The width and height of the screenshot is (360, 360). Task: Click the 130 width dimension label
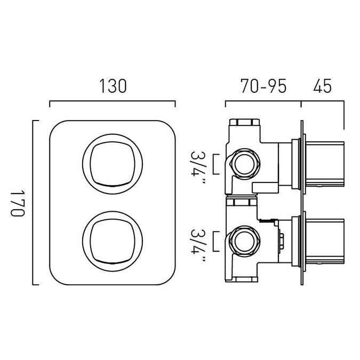click(113, 86)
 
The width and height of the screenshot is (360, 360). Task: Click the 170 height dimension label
click(18, 203)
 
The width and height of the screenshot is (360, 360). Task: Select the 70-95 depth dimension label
click(263, 86)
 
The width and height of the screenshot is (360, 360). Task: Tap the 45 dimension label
click(322, 86)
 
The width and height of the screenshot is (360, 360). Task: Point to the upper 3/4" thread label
click(197, 167)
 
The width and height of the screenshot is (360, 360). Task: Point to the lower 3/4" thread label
click(197, 245)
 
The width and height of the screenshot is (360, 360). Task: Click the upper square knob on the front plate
click(113, 164)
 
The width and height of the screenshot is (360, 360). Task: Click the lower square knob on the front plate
click(113, 241)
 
